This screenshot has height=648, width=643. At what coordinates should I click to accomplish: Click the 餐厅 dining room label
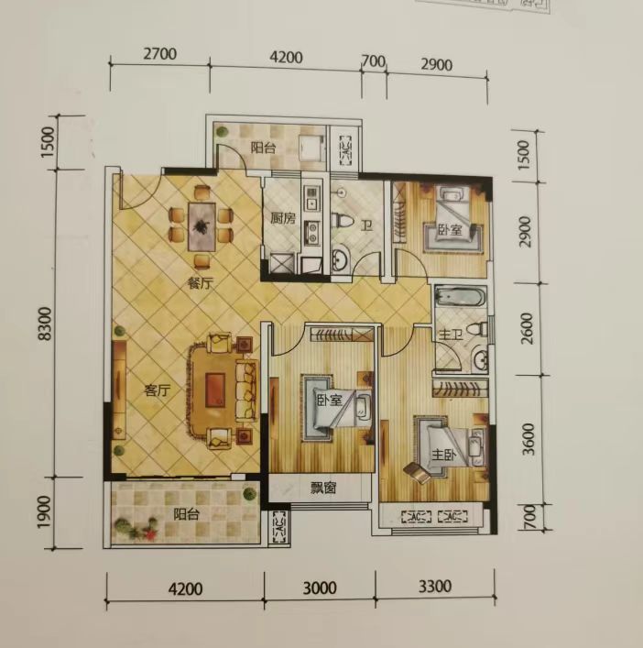pos(201,284)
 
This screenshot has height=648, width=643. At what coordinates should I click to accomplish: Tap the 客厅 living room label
pos(157,390)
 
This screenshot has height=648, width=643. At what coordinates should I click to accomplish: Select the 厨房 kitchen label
pos(283,218)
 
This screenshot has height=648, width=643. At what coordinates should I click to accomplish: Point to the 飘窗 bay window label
pos(323,489)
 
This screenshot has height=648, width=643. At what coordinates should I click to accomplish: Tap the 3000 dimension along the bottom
pos(320,588)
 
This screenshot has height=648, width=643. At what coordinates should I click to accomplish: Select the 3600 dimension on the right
pos(529,439)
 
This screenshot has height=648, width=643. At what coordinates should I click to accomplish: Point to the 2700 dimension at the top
pos(159,54)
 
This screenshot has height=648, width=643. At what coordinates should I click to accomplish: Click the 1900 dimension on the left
pos(44,511)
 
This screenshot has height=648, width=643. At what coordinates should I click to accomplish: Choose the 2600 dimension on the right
pos(527,328)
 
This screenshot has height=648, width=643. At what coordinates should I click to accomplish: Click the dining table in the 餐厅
pos(202,226)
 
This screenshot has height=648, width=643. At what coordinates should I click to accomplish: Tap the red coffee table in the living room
pos(215,390)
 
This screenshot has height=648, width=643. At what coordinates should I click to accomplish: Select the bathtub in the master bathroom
pos(462,297)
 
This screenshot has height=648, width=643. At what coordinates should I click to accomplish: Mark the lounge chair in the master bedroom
pos(418,472)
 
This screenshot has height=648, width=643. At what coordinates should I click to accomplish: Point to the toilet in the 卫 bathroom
pos(343,220)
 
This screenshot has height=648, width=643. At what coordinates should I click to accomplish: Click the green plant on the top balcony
pos(222,131)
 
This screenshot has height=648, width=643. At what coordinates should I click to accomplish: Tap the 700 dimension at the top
pos(374,61)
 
